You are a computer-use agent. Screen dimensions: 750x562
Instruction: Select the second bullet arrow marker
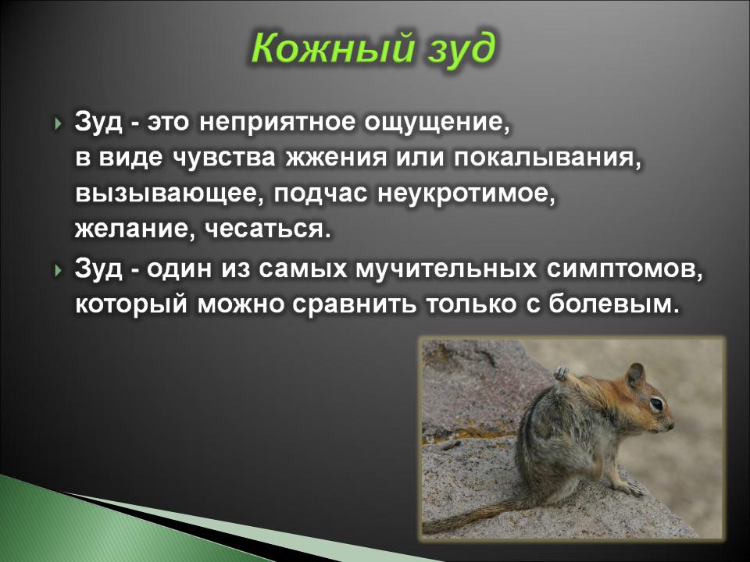coord(59,271)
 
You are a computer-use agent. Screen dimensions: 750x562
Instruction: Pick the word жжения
coord(336,158)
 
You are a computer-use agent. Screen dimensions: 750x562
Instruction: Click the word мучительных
coord(446,269)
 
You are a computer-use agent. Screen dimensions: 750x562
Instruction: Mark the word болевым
coord(614,304)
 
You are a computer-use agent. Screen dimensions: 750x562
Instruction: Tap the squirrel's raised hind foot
coord(562,373)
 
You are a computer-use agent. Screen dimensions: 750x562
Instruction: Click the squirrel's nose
coord(671,424)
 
